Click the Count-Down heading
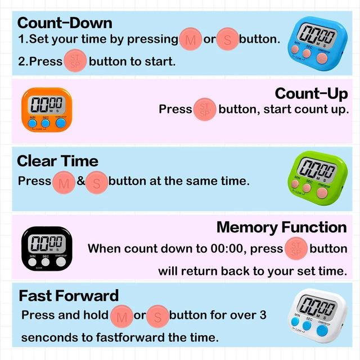[65, 23]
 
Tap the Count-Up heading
[311, 94]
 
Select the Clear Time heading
[57, 161]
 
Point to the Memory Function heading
[282, 227]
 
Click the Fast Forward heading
[69, 295]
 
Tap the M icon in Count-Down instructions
[190, 39]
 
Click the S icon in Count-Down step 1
[227, 39]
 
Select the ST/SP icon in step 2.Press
[75, 61]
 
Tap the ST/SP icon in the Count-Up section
[205, 110]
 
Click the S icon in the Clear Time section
[97, 183]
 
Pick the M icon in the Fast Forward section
[121, 317]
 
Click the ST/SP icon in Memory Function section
[296, 249]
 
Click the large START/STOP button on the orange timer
[61, 123]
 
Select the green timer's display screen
[317, 170]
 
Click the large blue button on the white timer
[322, 331]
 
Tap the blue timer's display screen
[317, 35]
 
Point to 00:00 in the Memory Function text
[227, 249]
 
